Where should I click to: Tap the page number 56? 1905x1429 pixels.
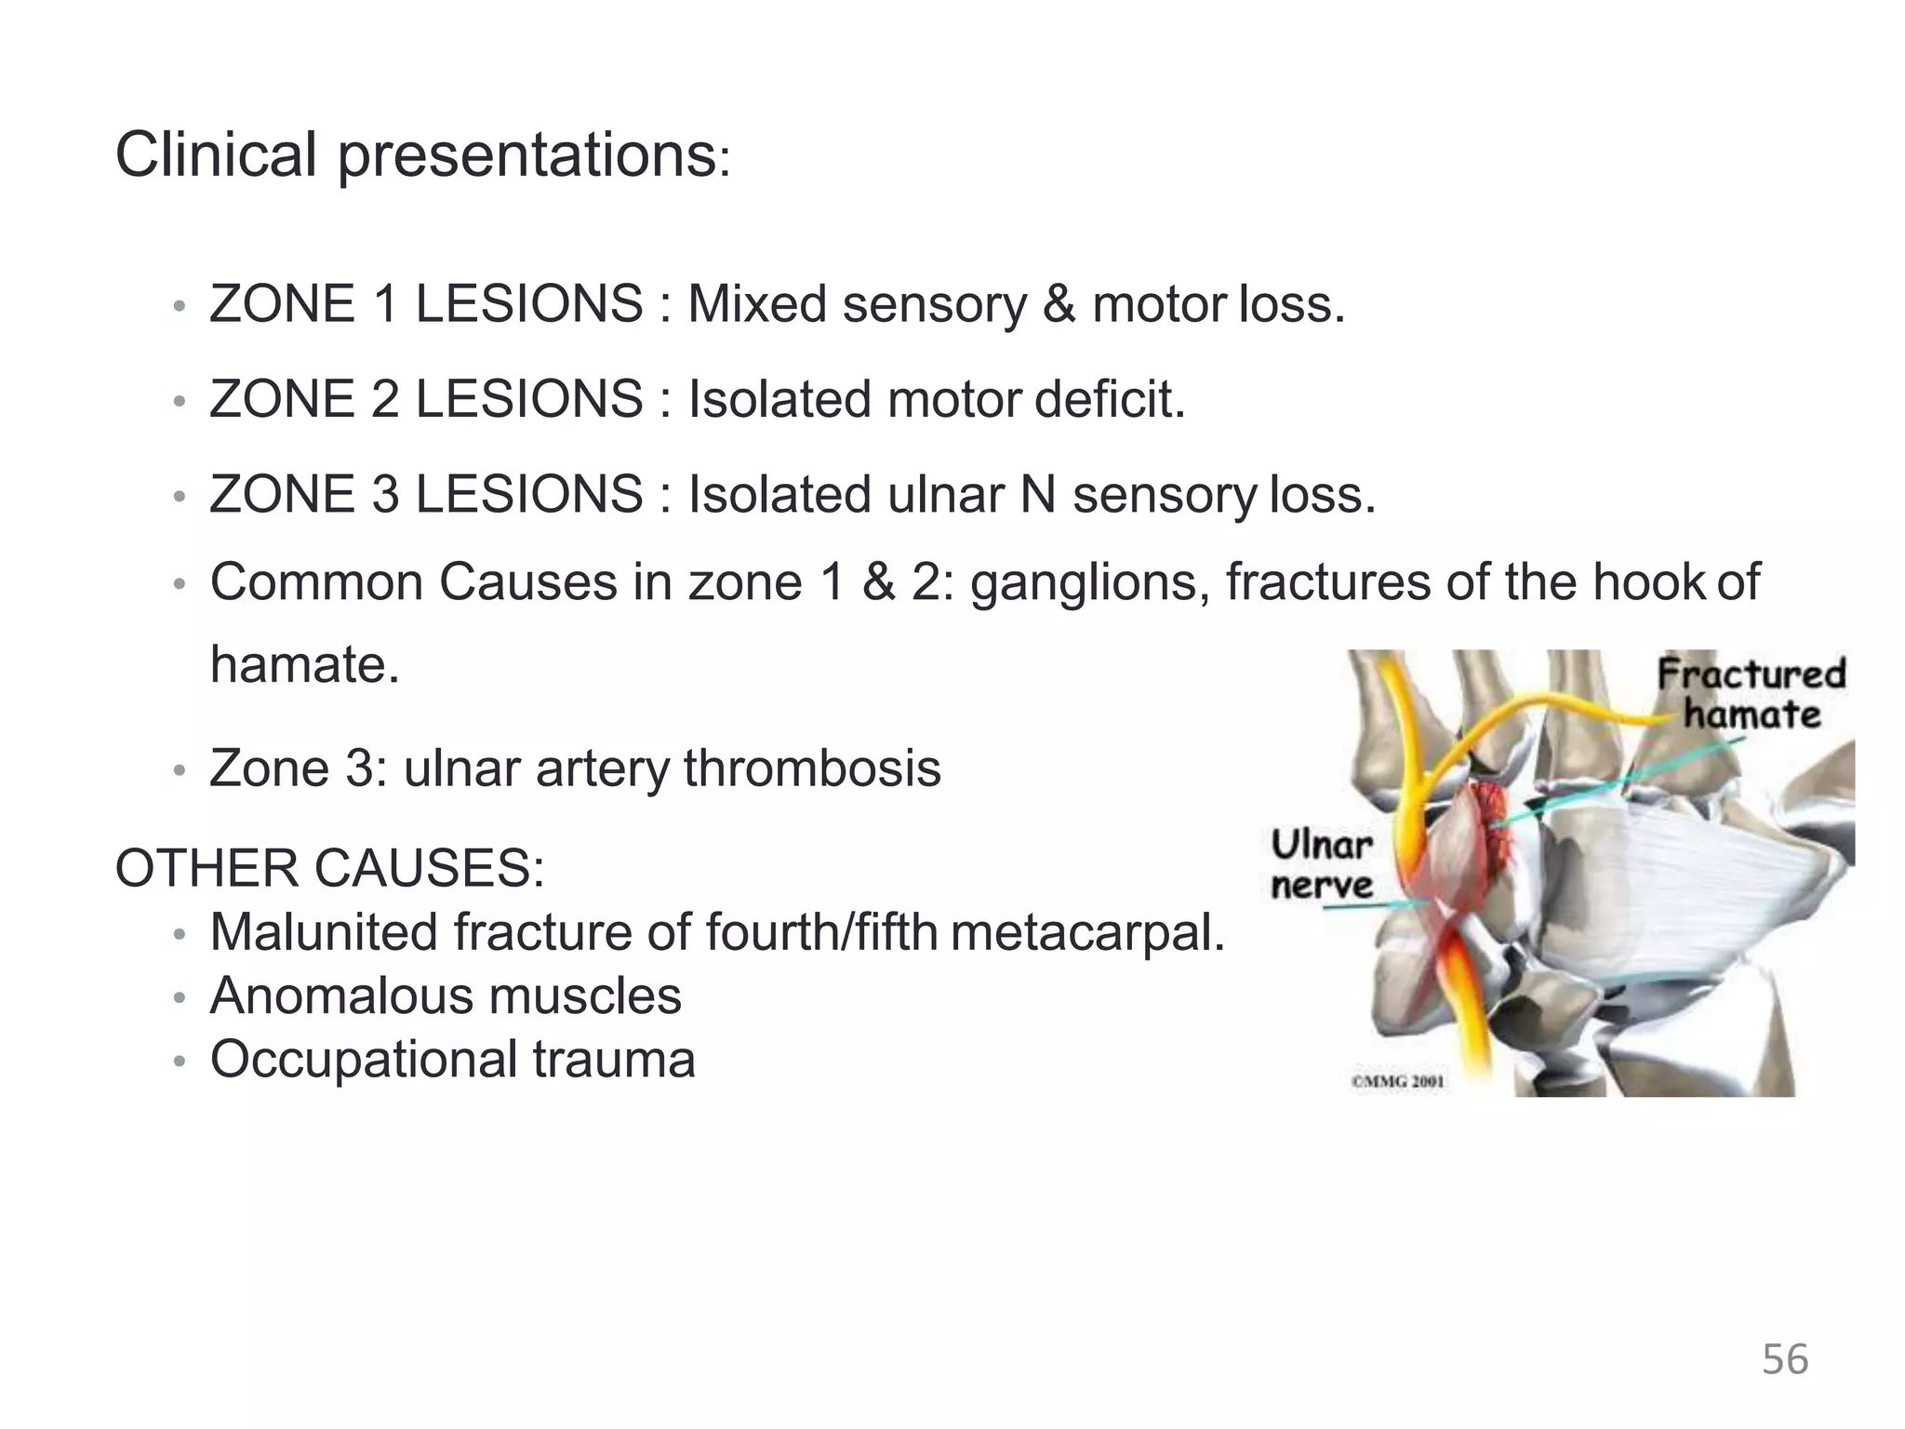click(x=1784, y=1359)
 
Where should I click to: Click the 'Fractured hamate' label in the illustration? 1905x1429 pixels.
click(x=1751, y=694)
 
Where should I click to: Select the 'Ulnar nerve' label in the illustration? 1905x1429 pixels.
click(x=1321, y=865)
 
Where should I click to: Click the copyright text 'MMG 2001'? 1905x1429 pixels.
click(x=1397, y=1081)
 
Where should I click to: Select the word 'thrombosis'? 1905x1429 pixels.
click(x=812, y=769)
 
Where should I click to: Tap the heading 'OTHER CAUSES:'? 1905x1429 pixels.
click(x=329, y=868)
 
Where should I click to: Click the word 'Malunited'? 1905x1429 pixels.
click(x=324, y=932)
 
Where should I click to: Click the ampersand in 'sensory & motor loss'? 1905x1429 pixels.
click(x=1059, y=304)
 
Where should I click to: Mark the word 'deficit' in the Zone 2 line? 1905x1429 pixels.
click(x=1110, y=399)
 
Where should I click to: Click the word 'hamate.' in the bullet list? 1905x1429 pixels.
click(x=304, y=665)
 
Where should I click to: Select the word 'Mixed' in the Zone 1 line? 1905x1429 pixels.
click(x=757, y=304)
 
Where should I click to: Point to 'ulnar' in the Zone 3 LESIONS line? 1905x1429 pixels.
click(x=945, y=494)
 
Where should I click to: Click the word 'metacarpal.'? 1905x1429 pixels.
click(x=1087, y=932)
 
